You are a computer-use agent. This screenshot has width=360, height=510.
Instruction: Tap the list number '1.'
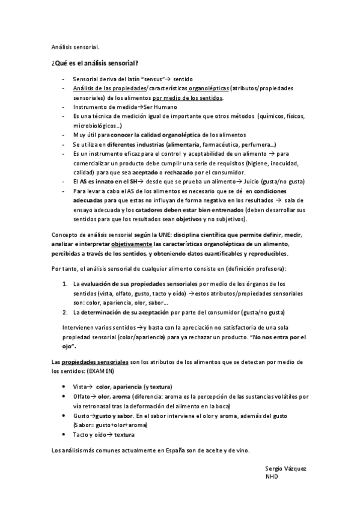click(66, 283)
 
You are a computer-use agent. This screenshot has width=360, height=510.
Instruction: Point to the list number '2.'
click(66, 312)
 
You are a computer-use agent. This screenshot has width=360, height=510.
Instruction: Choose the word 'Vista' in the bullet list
click(81, 386)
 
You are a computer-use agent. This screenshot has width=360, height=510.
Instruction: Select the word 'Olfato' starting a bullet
click(82, 396)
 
